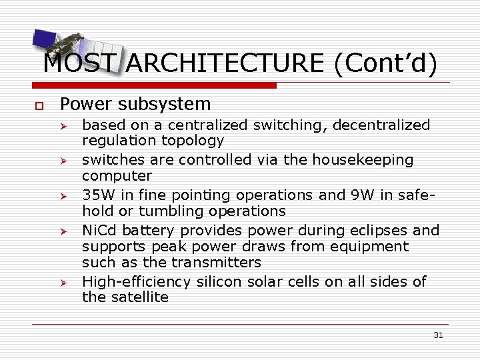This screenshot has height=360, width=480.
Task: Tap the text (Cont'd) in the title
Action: click(386, 63)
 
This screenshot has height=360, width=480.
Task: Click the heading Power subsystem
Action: click(135, 104)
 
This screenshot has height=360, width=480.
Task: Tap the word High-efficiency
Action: click(137, 282)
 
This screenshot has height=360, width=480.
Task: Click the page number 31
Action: click(437, 335)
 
